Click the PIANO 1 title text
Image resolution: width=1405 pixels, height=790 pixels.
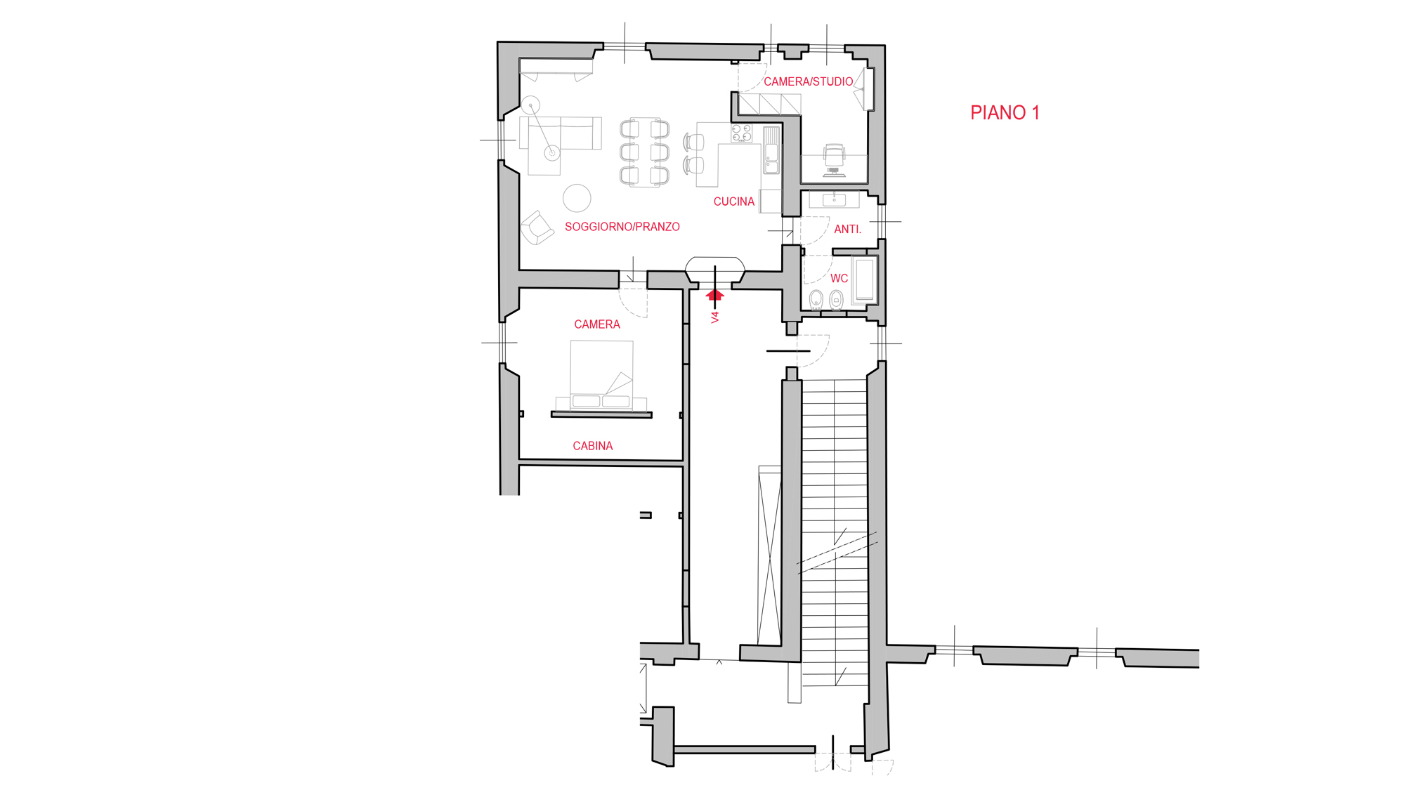point(1005,113)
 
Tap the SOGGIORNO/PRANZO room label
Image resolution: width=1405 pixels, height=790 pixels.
point(622,227)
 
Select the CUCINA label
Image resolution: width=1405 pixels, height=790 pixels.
point(734,202)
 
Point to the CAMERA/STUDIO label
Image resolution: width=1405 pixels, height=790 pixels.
point(809,81)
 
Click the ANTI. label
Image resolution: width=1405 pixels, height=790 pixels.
point(847,229)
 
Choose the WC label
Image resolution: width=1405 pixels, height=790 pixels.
point(839,278)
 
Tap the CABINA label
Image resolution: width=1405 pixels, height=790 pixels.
point(593,446)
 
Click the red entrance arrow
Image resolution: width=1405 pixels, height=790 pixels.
point(715,295)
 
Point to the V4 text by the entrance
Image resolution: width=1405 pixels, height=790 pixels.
point(715,317)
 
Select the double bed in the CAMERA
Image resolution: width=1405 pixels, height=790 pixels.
point(601,376)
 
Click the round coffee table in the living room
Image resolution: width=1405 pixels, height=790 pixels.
point(577,198)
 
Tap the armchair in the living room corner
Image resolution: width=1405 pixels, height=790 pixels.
point(537,228)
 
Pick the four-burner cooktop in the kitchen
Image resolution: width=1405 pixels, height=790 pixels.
point(741,133)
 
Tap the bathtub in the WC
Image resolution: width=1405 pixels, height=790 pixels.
point(865,280)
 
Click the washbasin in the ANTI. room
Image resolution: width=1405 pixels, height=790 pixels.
point(834,199)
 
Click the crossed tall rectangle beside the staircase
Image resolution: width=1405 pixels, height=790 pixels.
point(770,555)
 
